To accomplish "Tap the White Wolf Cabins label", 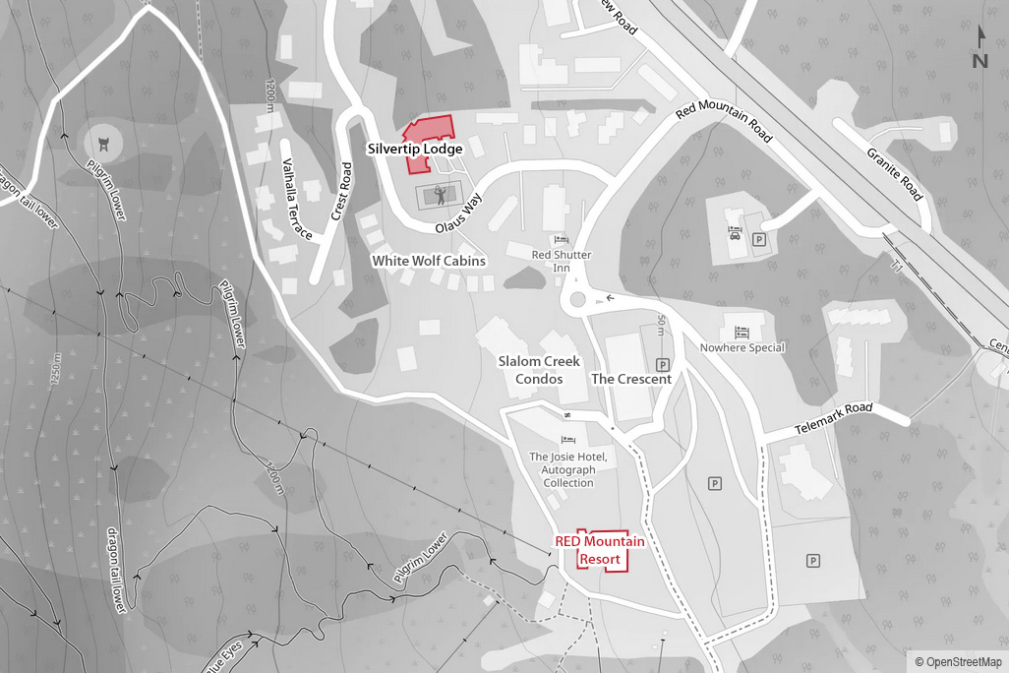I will tap(428, 261).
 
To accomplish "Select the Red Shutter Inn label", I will tap(562, 261).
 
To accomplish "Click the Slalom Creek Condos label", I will tap(539, 370).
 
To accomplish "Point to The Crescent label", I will tap(631, 379).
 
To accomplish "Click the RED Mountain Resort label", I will tap(600, 550).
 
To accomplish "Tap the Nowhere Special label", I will tap(742, 347).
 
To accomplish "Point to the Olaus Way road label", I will tap(460, 214).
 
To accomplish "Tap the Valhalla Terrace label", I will tap(297, 200).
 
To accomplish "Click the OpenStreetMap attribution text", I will tap(958, 662).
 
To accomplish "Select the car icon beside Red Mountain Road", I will tap(735, 234).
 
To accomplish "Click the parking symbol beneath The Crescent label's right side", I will tap(662, 364).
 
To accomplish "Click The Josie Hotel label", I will tap(568, 469).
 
